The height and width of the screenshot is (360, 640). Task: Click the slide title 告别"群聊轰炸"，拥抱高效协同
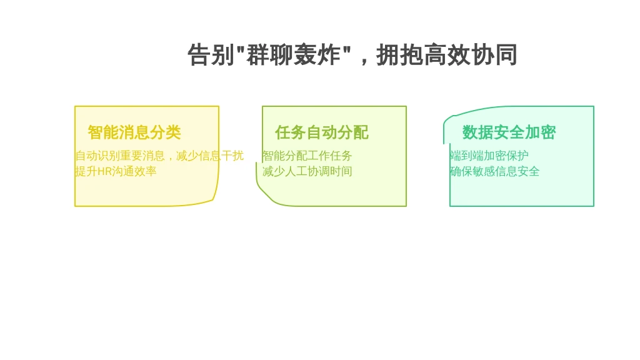tap(352, 55)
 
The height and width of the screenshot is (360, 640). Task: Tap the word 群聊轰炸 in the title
tap(293, 55)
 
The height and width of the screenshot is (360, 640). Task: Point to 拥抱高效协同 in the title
tap(446, 55)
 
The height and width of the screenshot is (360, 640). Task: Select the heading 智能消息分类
tap(134, 132)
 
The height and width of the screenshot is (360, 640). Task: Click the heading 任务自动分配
tap(322, 132)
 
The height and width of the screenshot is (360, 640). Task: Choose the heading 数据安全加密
tap(509, 132)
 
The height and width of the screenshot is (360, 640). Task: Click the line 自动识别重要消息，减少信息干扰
tap(159, 156)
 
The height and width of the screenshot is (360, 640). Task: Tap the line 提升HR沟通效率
tap(116, 171)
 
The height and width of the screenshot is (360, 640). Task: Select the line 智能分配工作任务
tap(307, 156)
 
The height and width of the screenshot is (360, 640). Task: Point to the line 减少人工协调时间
tap(307, 171)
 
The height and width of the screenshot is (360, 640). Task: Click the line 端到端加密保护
tap(489, 156)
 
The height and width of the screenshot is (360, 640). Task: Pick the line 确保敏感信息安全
tap(494, 171)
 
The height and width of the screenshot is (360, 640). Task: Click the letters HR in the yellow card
tap(104, 171)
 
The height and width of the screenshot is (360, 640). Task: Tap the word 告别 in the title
tap(211, 55)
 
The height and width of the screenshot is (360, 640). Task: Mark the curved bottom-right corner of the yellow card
tap(214, 199)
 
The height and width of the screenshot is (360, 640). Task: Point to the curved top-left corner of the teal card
tap(447, 118)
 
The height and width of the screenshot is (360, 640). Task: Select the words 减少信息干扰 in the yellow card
tap(210, 156)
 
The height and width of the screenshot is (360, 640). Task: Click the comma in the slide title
tap(364, 61)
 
